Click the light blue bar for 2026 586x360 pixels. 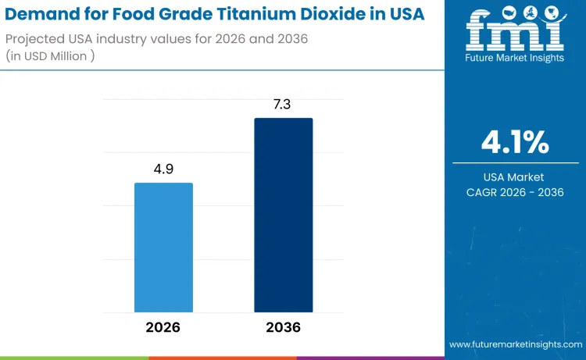pyautogui.click(x=163, y=248)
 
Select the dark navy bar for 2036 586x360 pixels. pyautogui.click(x=283, y=215)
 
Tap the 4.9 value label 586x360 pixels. pyautogui.click(x=163, y=168)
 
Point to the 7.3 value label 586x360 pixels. pyautogui.click(x=283, y=104)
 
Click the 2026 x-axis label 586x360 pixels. pyautogui.click(x=163, y=327)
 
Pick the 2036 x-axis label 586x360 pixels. pyautogui.click(x=283, y=327)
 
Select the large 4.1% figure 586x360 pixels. pyautogui.click(x=514, y=143)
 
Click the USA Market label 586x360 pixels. pyautogui.click(x=514, y=177)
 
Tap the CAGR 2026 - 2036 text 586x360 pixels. pyautogui.click(x=514, y=192)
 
